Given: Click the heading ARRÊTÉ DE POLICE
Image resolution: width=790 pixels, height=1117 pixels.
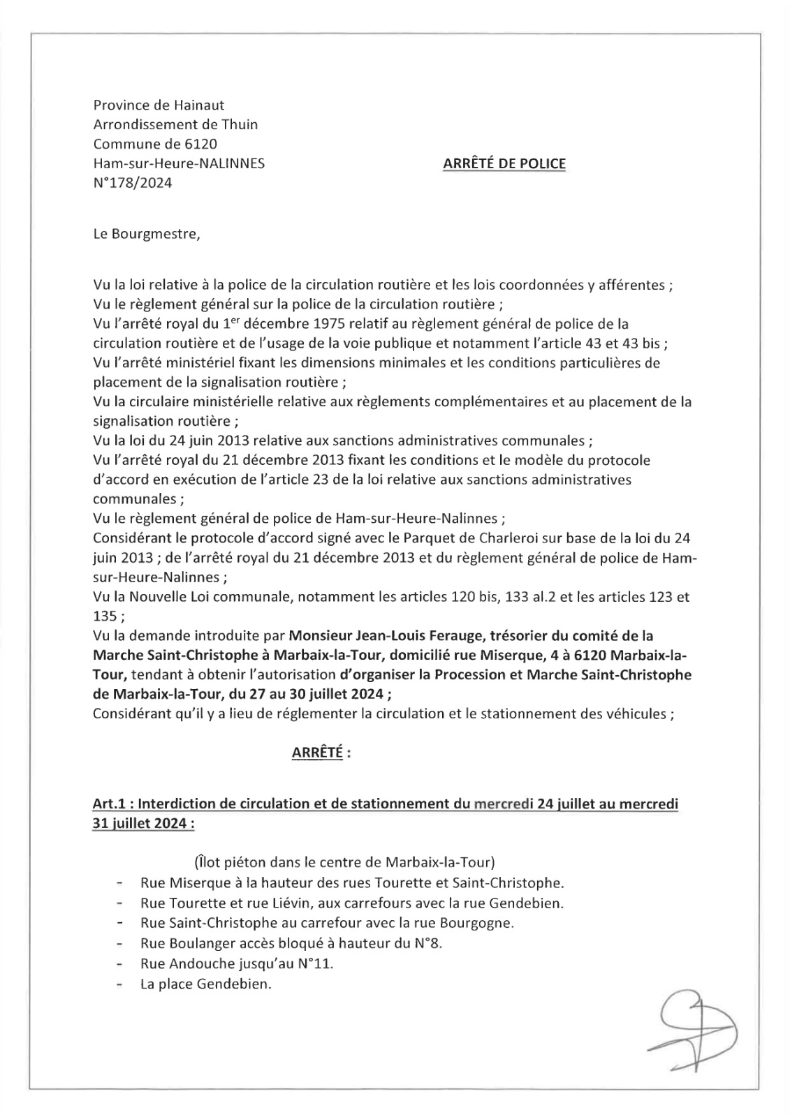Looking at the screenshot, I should [x=504, y=164].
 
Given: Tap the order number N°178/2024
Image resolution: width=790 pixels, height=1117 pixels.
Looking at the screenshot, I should [x=133, y=183].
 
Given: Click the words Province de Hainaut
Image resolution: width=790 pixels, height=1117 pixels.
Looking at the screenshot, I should [x=159, y=105].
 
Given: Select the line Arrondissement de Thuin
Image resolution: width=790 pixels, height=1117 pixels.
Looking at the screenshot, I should [x=175, y=125].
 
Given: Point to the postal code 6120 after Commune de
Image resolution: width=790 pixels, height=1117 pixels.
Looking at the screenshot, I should [x=202, y=145].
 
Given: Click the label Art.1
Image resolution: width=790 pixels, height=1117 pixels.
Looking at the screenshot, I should [x=108, y=804].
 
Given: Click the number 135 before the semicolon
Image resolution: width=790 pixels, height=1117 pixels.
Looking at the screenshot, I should [x=105, y=616].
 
